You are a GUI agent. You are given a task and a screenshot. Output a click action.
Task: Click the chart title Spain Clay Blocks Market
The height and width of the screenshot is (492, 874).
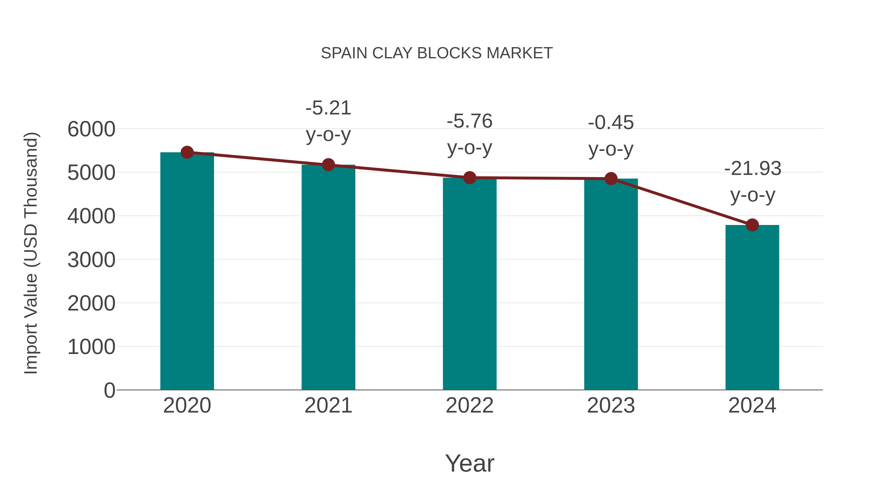click(437, 53)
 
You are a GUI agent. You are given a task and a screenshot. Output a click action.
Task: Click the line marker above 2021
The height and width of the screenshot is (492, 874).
click(328, 165)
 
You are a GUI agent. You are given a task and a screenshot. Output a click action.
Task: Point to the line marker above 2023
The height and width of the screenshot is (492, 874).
click(611, 179)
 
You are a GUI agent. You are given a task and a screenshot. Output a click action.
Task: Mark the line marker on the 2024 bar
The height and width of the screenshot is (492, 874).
click(752, 225)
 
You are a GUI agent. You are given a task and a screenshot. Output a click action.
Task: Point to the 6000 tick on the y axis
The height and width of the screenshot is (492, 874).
click(91, 129)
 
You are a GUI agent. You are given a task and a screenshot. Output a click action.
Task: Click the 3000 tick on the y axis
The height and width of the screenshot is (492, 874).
click(91, 260)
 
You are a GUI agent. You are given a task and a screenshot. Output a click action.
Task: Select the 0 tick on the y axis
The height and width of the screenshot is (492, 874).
click(109, 390)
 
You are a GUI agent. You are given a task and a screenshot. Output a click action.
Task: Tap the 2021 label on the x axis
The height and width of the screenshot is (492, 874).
click(328, 406)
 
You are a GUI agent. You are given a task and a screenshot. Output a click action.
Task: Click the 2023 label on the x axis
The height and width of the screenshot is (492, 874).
click(611, 406)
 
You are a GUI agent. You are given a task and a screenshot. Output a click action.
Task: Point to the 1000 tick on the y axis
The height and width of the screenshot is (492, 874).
click(91, 347)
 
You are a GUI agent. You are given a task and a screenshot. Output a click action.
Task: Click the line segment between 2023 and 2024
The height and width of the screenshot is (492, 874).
click(681, 202)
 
